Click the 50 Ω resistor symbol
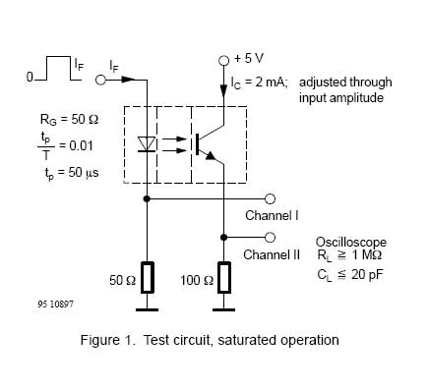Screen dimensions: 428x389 click(148, 277)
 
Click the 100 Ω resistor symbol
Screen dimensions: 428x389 click(224, 277)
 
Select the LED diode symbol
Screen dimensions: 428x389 click(147, 144)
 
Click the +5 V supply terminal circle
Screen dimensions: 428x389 click(223, 61)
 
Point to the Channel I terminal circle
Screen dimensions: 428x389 click(270, 198)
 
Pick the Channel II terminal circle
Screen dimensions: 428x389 click(270, 238)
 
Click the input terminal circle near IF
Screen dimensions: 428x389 click(100, 80)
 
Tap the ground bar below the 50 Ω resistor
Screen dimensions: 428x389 click(147, 309)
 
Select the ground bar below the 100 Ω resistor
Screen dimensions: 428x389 click(224, 309)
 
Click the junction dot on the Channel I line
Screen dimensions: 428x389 click(147, 198)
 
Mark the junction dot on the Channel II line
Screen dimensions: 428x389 click(223, 238)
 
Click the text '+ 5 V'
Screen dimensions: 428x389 click(249, 59)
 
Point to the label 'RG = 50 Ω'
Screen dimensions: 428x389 click(69, 120)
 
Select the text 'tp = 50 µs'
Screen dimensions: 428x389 click(72, 173)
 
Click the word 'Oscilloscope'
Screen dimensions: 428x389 click(351, 243)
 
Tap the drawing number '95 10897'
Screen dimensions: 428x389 click(56, 305)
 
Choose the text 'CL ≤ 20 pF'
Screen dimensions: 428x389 click(350, 275)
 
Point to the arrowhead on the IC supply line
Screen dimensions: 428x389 click(223, 91)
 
